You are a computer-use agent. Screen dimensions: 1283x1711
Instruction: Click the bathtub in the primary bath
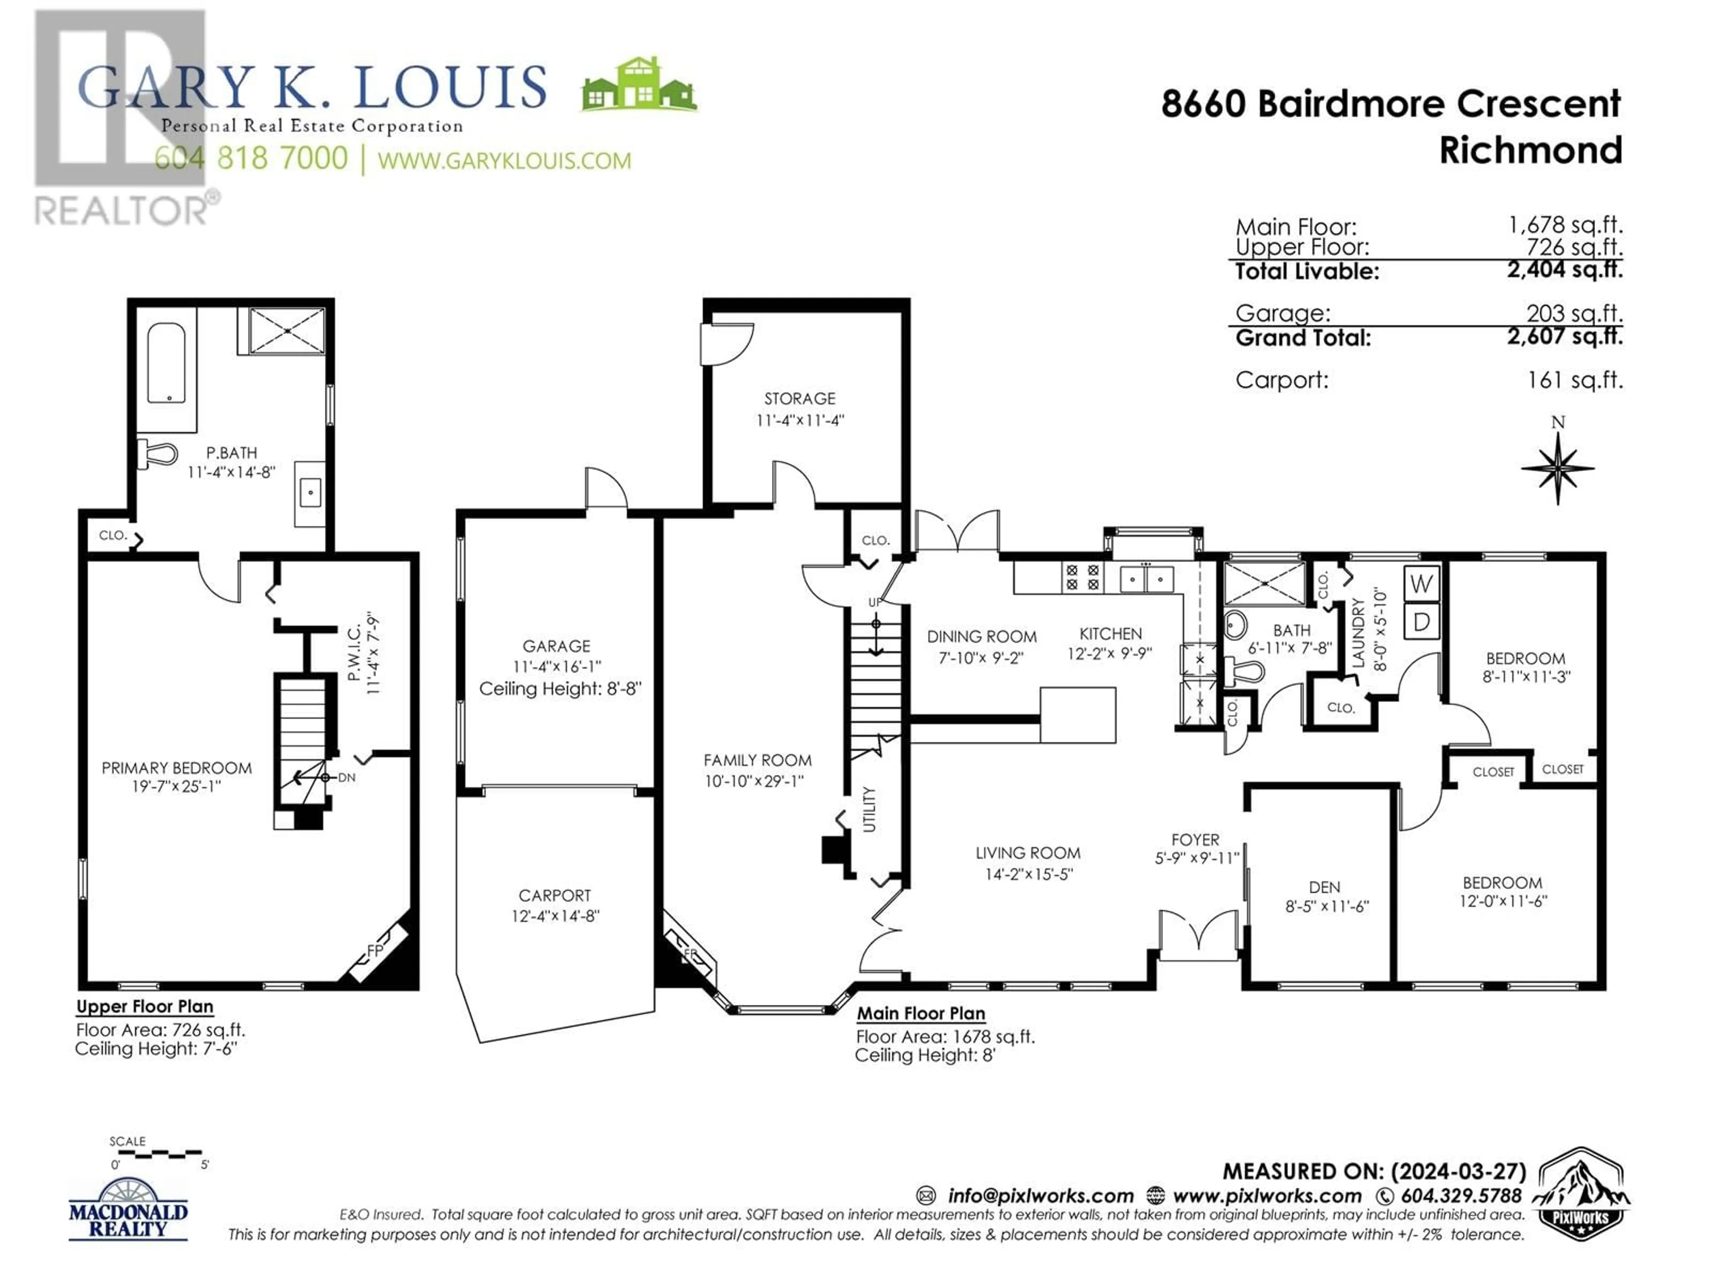pyautogui.click(x=166, y=364)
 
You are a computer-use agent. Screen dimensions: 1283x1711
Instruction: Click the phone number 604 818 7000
pyautogui.click(x=251, y=159)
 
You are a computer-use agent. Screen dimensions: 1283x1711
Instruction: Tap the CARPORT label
pyautogui.click(x=555, y=895)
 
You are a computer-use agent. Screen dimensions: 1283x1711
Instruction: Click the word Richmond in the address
pyautogui.click(x=1530, y=150)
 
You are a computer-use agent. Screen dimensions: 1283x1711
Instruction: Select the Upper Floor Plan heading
pyautogui.click(x=145, y=1007)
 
